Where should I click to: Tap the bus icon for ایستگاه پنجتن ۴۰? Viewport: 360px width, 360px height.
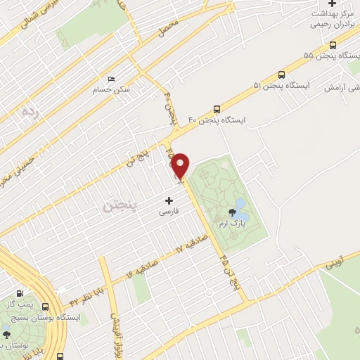[216, 109]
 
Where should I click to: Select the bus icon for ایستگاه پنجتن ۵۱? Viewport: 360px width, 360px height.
[282, 74]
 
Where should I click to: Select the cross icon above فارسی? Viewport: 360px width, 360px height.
[168, 200]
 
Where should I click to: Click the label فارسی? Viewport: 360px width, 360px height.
[168, 211]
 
